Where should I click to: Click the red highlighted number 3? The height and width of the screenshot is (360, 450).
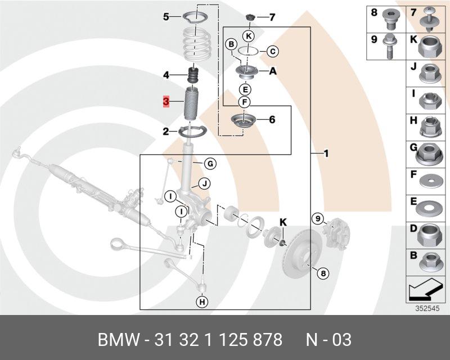166,102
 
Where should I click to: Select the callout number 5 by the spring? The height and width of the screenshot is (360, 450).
166,17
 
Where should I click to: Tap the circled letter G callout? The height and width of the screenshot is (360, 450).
209,164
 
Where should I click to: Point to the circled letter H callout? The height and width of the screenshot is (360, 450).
202,302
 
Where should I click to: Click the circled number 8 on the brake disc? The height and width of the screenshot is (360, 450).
323,273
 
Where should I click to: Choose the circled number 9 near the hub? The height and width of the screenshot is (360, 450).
317,218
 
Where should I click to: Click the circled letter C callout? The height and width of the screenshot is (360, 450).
272,52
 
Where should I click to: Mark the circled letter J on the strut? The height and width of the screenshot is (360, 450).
205,183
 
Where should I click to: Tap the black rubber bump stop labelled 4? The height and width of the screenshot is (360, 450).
193,75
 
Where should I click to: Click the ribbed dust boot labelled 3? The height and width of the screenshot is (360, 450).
192,104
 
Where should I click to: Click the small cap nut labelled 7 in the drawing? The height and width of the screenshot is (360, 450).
251,16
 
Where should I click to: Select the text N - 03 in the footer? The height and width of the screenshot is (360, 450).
328,340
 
